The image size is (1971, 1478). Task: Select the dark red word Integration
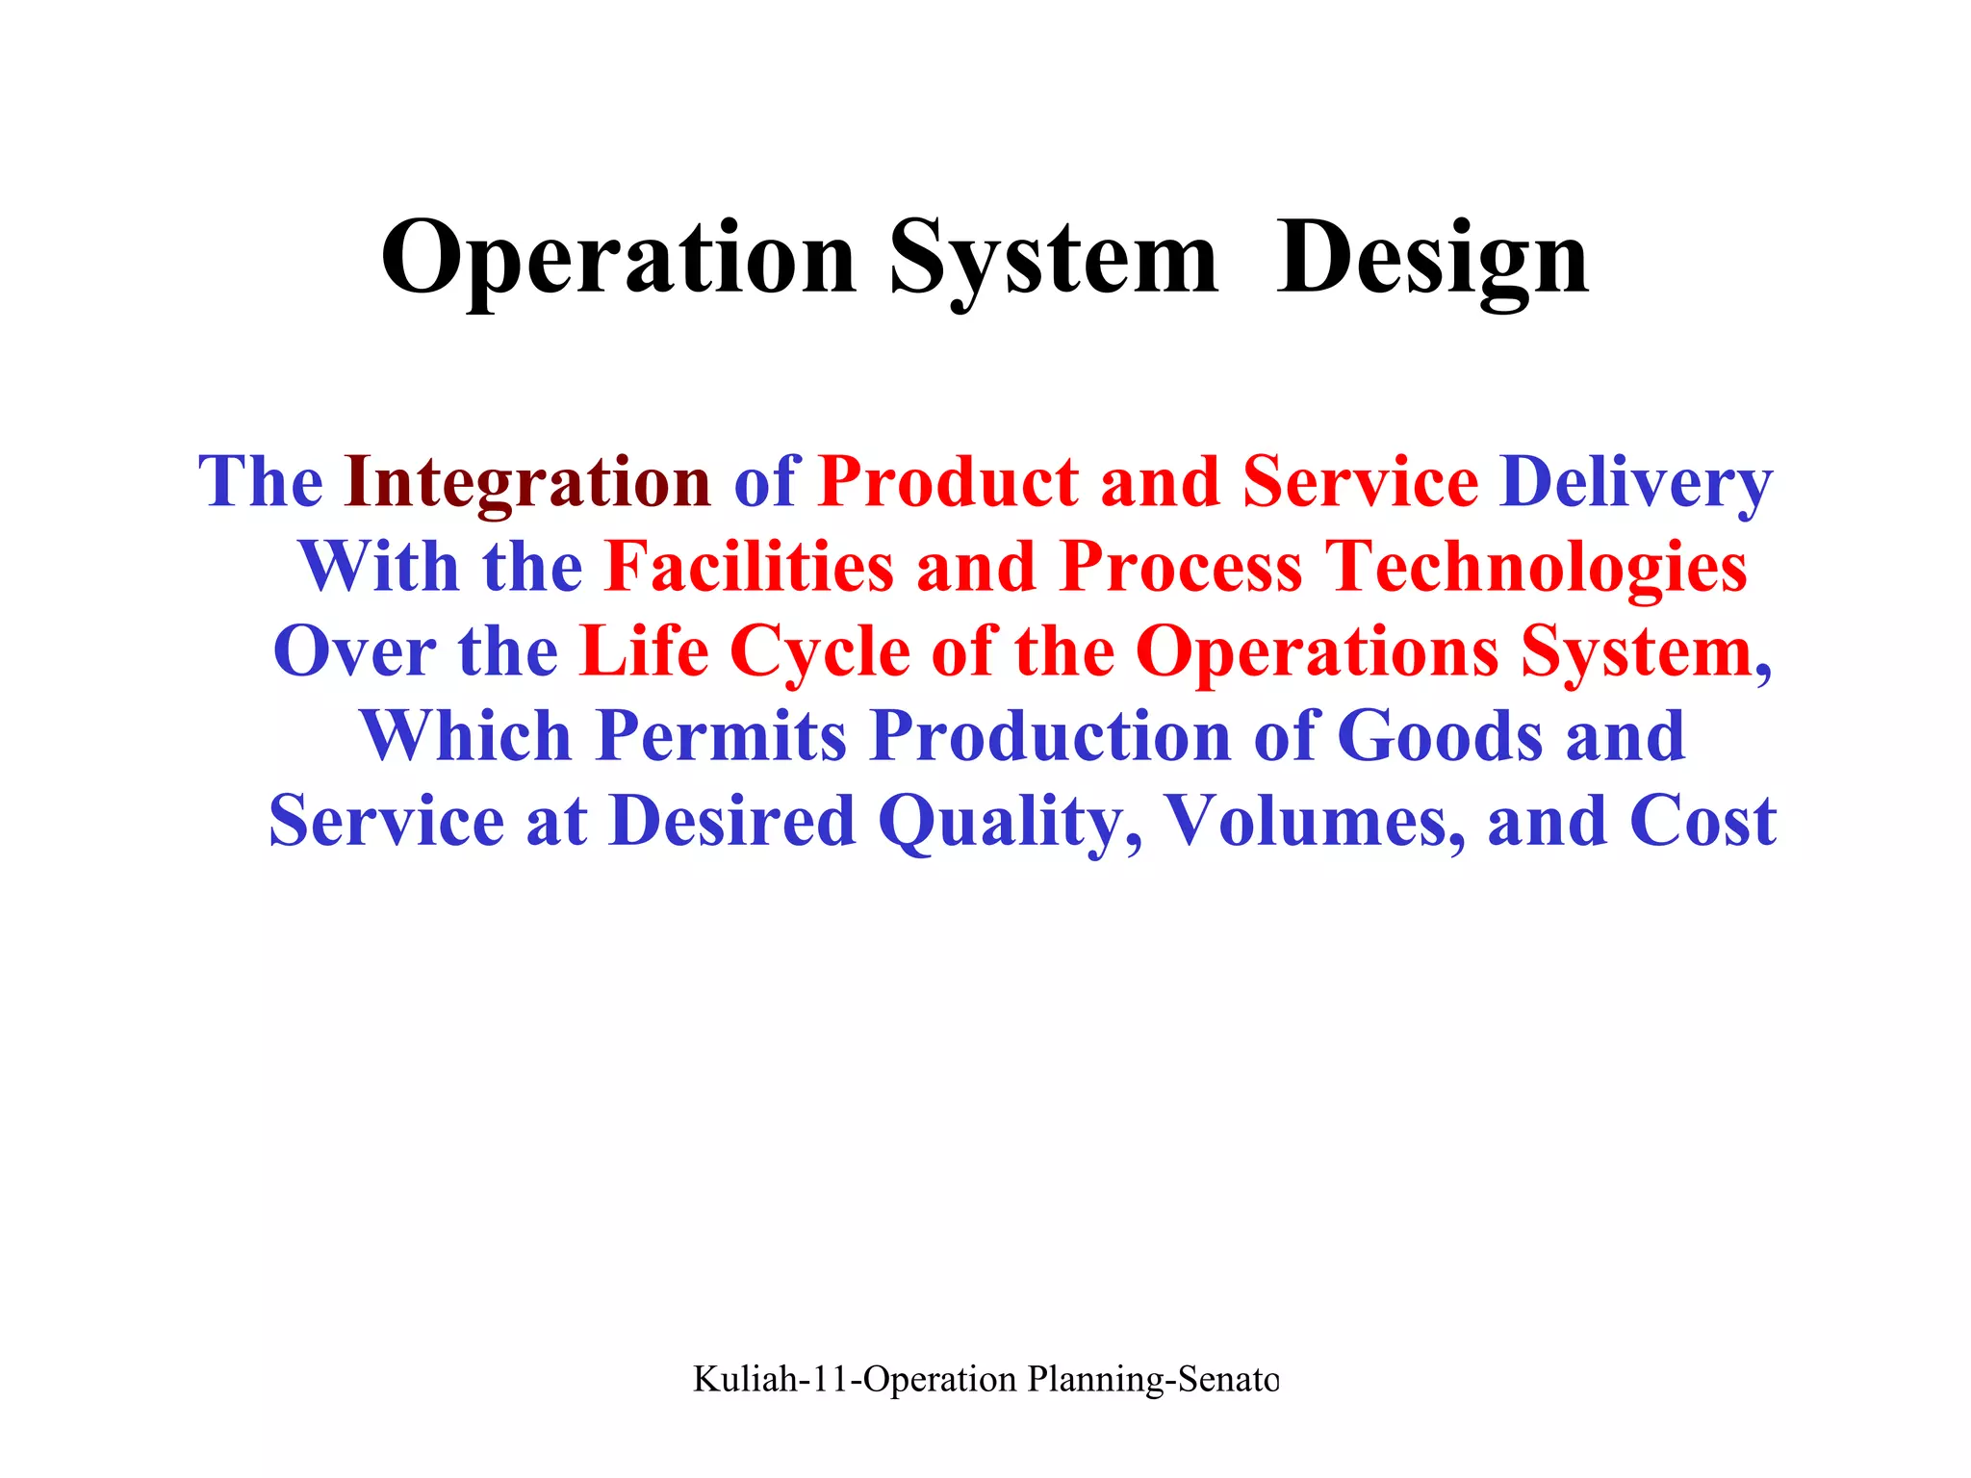527,482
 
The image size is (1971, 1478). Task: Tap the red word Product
948,482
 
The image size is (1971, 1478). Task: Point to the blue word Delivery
1635,482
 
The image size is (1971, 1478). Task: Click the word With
379,567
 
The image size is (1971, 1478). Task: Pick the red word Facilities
750,567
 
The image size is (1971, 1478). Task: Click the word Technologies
1536,567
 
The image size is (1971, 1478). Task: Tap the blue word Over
354,651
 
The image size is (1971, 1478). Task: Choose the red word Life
645,651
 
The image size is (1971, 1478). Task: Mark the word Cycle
820,651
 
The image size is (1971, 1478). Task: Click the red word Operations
1317,651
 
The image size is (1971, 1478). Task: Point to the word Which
466,736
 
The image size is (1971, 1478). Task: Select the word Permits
721,736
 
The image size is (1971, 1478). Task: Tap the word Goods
1440,736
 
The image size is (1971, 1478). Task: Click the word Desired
732,821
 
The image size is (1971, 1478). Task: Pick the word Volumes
1315,821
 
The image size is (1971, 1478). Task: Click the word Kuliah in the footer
745,1379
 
